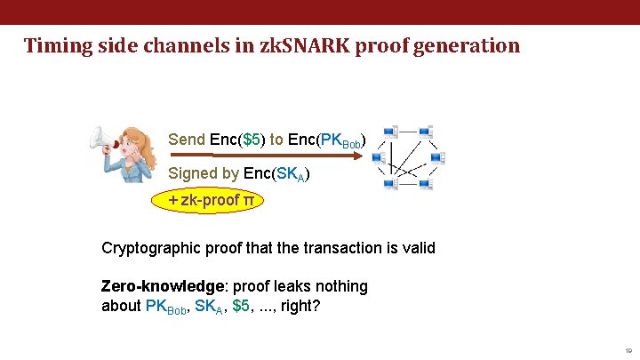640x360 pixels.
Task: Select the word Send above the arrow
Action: tap(187, 140)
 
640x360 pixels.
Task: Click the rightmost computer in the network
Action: tap(436, 158)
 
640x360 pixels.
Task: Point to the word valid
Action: tap(417, 248)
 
